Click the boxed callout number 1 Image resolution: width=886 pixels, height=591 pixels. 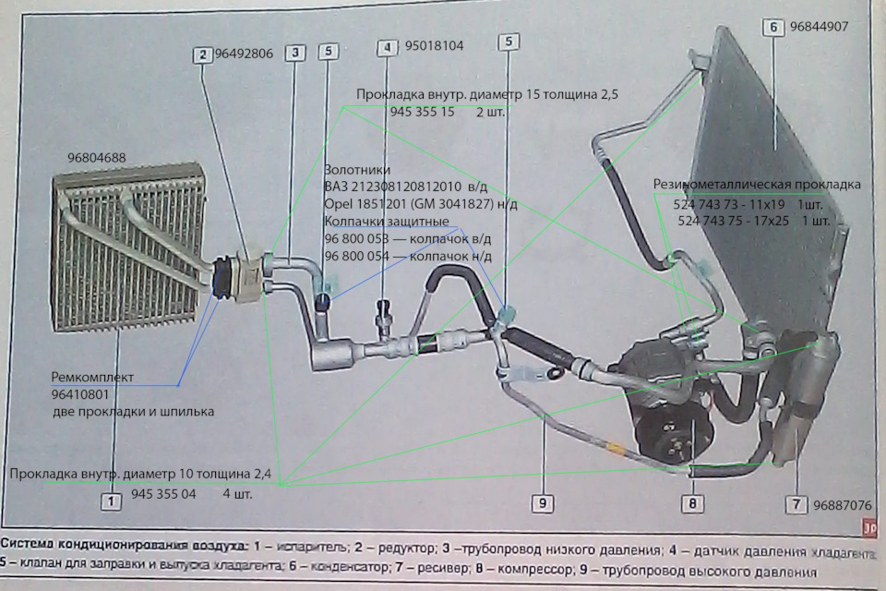(112, 502)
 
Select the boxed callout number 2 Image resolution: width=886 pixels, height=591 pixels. (202, 54)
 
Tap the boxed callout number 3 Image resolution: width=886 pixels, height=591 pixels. (294, 54)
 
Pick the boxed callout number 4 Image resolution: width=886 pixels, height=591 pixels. (389, 46)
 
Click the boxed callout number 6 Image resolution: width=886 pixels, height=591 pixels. (773, 28)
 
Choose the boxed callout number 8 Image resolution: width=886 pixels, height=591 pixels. (691, 504)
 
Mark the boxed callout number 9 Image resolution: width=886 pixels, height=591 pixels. (543, 502)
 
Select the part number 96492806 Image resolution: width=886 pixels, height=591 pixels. (244, 54)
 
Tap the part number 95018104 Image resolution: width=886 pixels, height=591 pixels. (435, 45)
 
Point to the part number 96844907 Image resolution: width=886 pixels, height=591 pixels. (819, 27)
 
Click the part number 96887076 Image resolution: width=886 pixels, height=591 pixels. (843, 505)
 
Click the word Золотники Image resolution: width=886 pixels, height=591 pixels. (357, 171)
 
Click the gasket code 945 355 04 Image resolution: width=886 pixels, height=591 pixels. (163, 494)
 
